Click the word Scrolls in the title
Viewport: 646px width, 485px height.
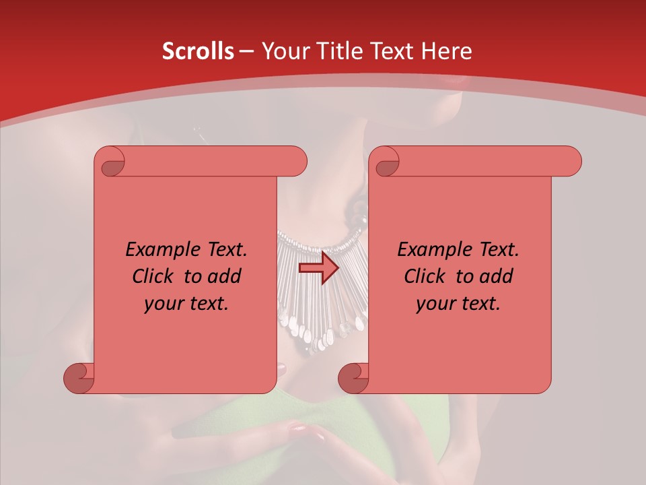(198, 51)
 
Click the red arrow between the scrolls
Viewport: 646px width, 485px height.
(319, 268)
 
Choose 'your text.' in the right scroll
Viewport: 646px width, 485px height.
(458, 304)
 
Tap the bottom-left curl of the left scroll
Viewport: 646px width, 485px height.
(78, 378)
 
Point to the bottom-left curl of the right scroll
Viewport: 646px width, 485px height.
(353, 378)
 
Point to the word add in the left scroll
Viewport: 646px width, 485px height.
(225, 276)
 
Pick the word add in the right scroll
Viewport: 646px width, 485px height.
(497, 276)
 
